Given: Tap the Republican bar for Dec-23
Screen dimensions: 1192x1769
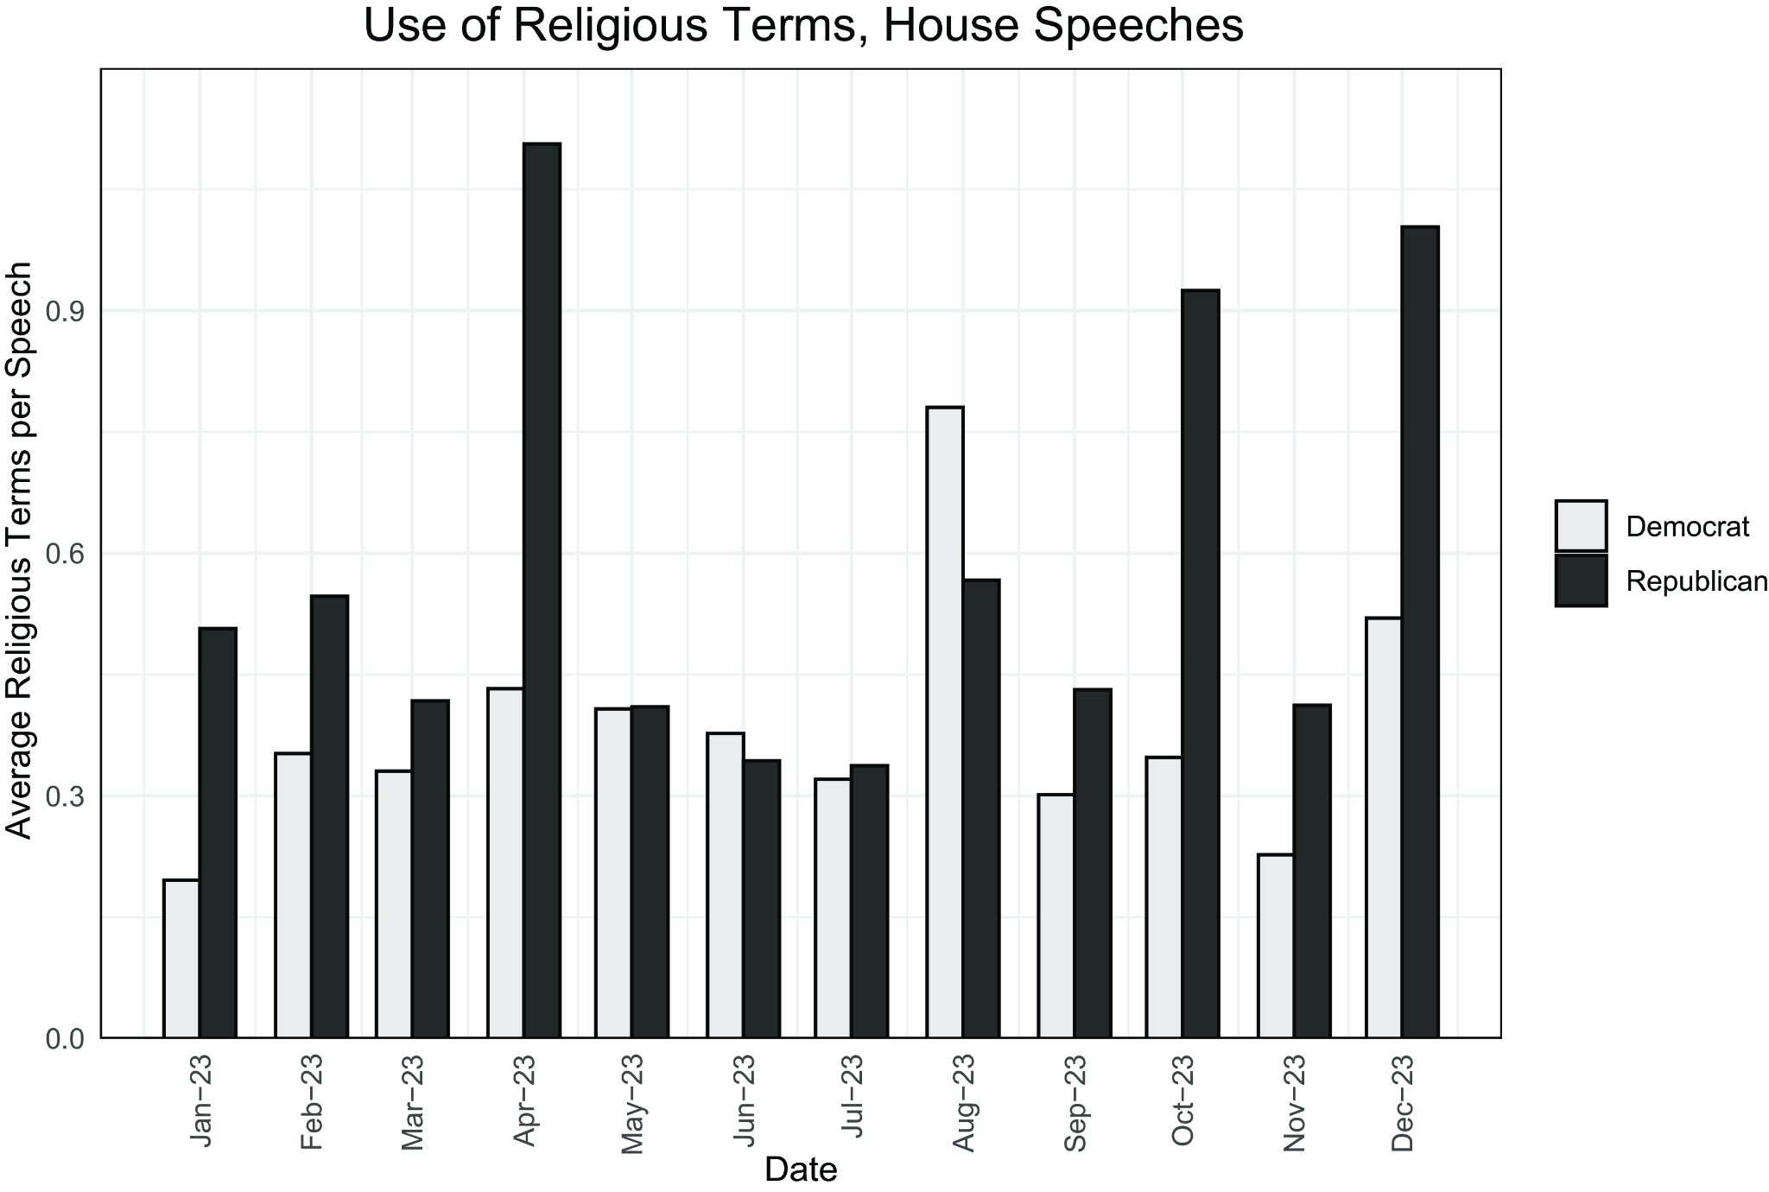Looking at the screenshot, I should pyautogui.click(x=1419, y=631).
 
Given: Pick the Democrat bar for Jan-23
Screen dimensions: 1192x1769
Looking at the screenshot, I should pyautogui.click(x=181, y=959).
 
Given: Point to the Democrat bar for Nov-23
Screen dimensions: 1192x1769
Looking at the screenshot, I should pyautogui.click(x=1276, y=946).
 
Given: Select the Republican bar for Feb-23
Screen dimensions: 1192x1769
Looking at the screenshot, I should pyautogui.click(x=329, y=816).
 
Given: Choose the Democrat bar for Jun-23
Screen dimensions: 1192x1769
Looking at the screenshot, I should pyautogui.click(x=725, y=885).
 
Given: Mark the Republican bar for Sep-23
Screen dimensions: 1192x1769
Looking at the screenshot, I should pyautogui.click(x=1092, y=863).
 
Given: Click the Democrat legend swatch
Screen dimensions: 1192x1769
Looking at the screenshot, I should pyautogui.click(x=1581, y=526).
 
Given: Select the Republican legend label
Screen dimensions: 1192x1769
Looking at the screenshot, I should pyautogui.click(x=1696, y=581).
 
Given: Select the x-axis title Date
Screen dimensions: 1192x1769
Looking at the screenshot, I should pyautogui.click(x=801, y=1170).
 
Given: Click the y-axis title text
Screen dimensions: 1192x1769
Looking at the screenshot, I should pyautogui.click(x=19, y=550).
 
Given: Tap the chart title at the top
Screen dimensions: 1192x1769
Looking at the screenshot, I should pyautogui.click(x=803, y=26).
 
